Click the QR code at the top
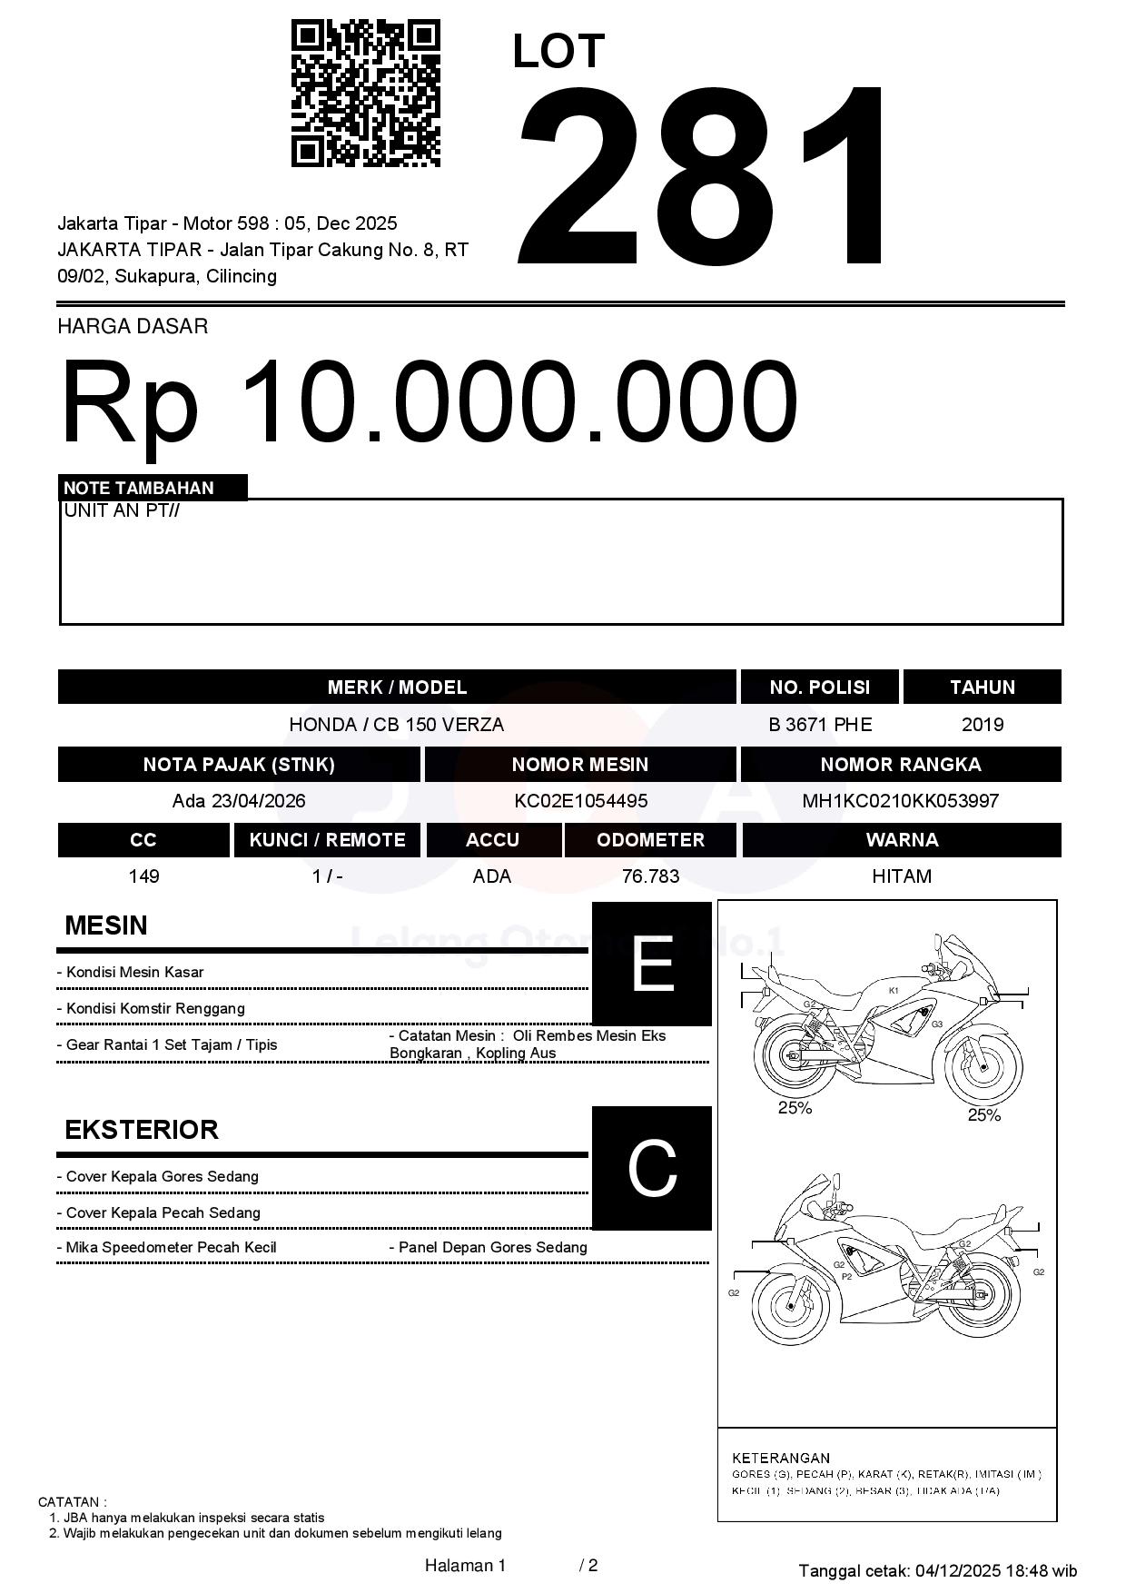(365, 94)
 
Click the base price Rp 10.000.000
(429, 401)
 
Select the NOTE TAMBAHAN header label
(139, 488)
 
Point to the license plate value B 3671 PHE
(820, 725)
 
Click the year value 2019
(983, 725)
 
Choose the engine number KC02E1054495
(580, 801)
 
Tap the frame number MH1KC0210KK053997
(901, 801)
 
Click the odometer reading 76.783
(650, 876)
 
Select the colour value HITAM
(902, 876)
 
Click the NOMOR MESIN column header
(580, 765)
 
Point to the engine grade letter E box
(651, 964)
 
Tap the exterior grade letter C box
(651, 1168)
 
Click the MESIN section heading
(106, 925)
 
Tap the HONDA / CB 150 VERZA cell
(396, 725)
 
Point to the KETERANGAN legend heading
(781, 1458)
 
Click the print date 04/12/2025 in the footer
(957, 1570)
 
